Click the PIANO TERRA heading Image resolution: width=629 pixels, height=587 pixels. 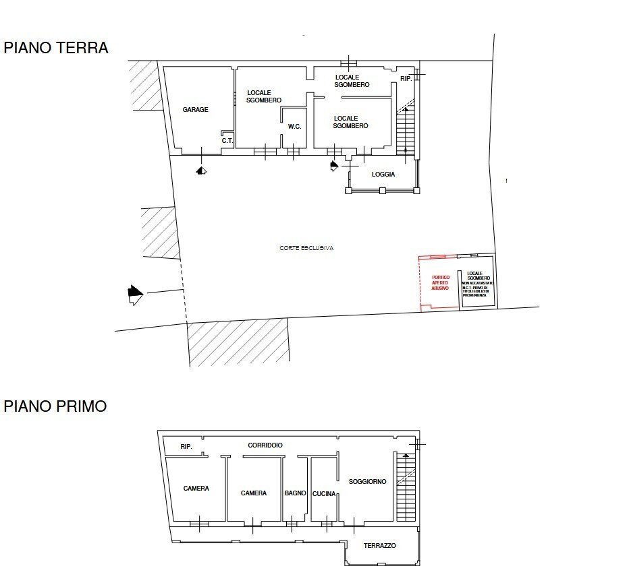tap(56, 49)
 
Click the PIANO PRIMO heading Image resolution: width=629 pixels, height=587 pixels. tap(55, 406)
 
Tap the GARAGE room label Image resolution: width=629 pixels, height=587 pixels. tap(195, 110)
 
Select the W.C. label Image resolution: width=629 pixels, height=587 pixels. tap(294, 127)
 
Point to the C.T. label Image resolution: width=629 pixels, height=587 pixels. tap(227, 141)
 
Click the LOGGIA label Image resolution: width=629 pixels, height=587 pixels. tap(383, 175)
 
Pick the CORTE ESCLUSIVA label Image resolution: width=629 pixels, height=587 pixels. tap(307, 248)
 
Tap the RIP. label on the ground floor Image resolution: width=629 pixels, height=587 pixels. tap(406, 79)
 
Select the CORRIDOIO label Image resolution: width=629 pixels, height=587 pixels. tap(265, 445)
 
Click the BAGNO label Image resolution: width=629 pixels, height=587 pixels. tap(296, 493)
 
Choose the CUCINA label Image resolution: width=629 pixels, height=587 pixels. tap(324, 494)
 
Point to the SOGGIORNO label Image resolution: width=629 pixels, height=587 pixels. tap(367, 482)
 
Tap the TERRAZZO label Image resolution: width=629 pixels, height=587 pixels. tap(379, 546)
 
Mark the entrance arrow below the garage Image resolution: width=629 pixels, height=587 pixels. tap(201, 171)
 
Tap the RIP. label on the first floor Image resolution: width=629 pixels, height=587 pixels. tap(186, 447)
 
